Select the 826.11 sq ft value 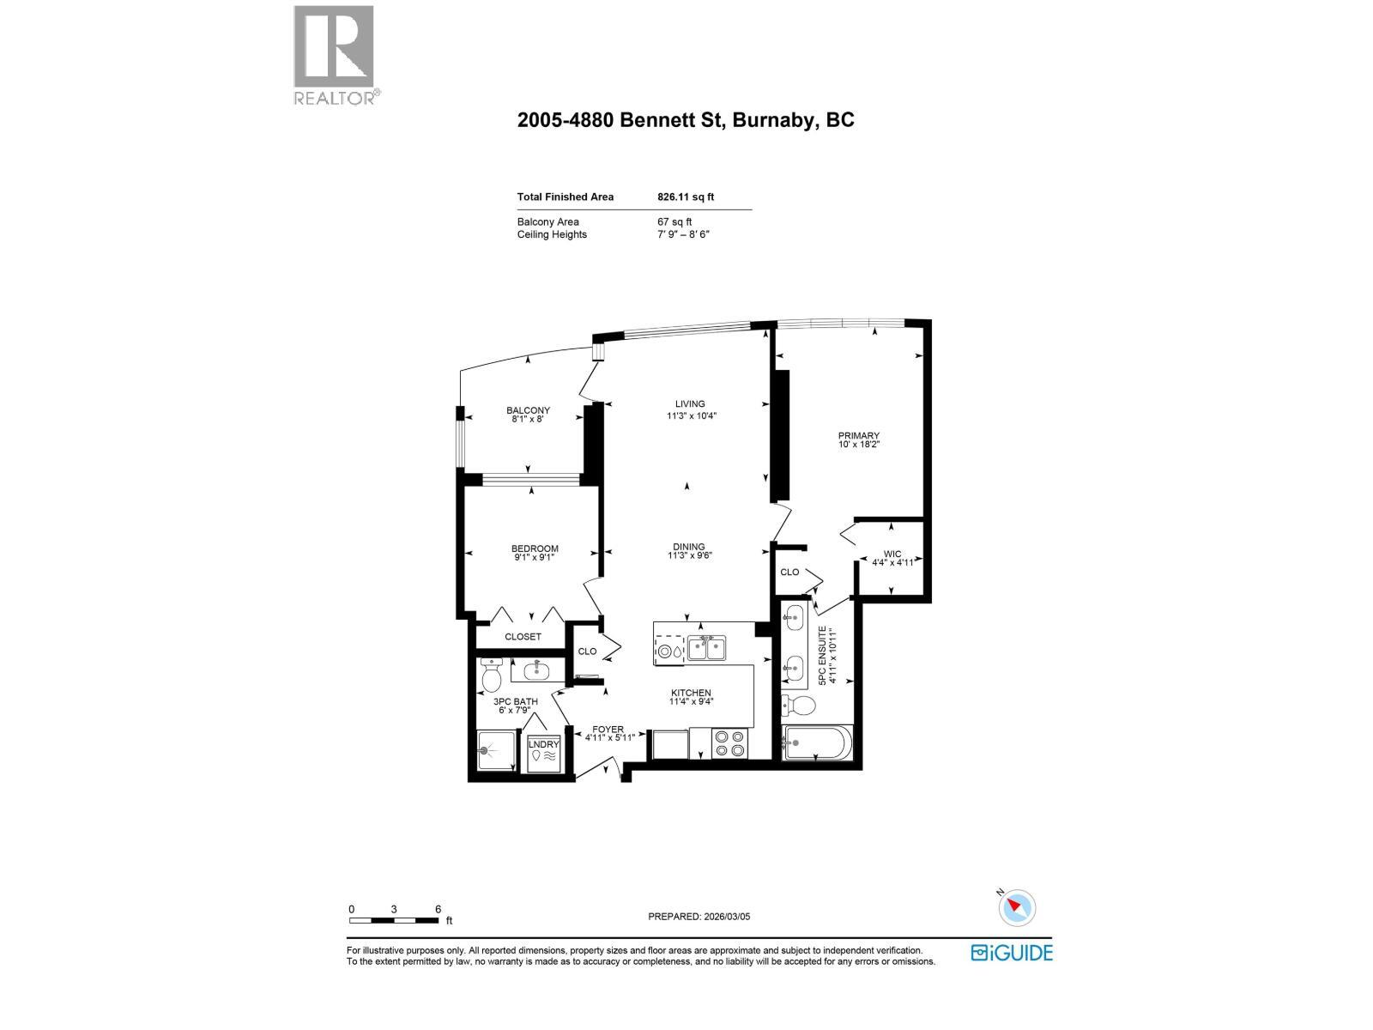pyautogui.click(x=686, y=197)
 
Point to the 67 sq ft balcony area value pyautogui.click(x=674, y=221)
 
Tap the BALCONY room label pyautogui.click(x=528, y=411)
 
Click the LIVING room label pyautogui.click(x=690, y=404)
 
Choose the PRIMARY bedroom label pyautogui.click(x=859, y=436)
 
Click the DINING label pyautogui.click(x=689, y=547)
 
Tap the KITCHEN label pyautogui.click(x=691, y=694)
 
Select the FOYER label pyautogui.click(x=608, y=730)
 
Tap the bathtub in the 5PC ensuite pyautogui.click(x=818, y=742)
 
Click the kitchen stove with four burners pyautogui.click(x=730, y=742)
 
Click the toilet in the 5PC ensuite pyautogui.click(x=800, y=706)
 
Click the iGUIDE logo pyautogui.click(x=1012, y=952)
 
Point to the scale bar pyautogui.click(x=394, y=921)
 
